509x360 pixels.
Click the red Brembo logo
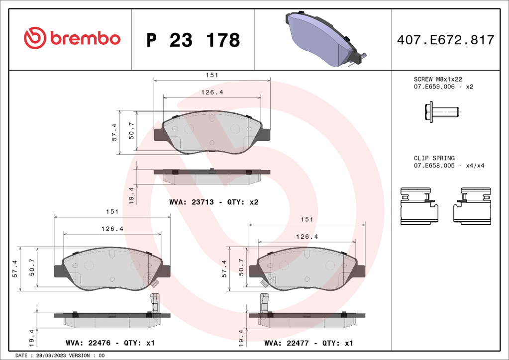tap(72, 38)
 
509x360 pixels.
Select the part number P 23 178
tap(193, 40)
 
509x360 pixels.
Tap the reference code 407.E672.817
tap(445, 40)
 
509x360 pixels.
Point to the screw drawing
tap(441, 112)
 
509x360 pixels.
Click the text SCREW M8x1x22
tap(437, 79)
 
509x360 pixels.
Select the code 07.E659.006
tap(434, 87)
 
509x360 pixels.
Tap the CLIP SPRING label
tap(434, 158)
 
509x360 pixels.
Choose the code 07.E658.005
tap(434, 166)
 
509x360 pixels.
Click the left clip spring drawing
tap(419, 206)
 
